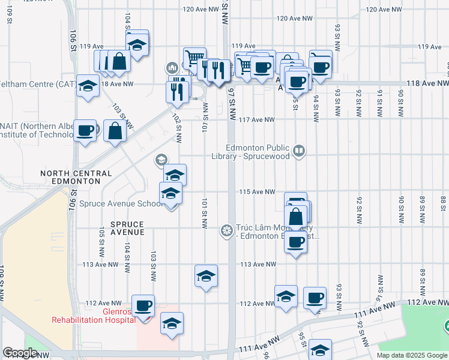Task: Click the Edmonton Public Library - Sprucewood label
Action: point(258,152)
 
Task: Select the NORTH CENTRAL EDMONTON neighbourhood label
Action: point(76,177)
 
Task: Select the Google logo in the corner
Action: point(20,353)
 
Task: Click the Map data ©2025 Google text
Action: point(412,355)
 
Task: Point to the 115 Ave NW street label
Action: point(258,192)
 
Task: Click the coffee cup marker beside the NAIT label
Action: point(85,131)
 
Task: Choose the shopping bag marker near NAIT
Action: point(114,131)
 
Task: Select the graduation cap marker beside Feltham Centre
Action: point(88,85)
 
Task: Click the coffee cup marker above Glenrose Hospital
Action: point(143,306)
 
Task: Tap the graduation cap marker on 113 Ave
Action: point(206,276)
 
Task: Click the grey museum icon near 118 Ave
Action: point(172,67)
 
